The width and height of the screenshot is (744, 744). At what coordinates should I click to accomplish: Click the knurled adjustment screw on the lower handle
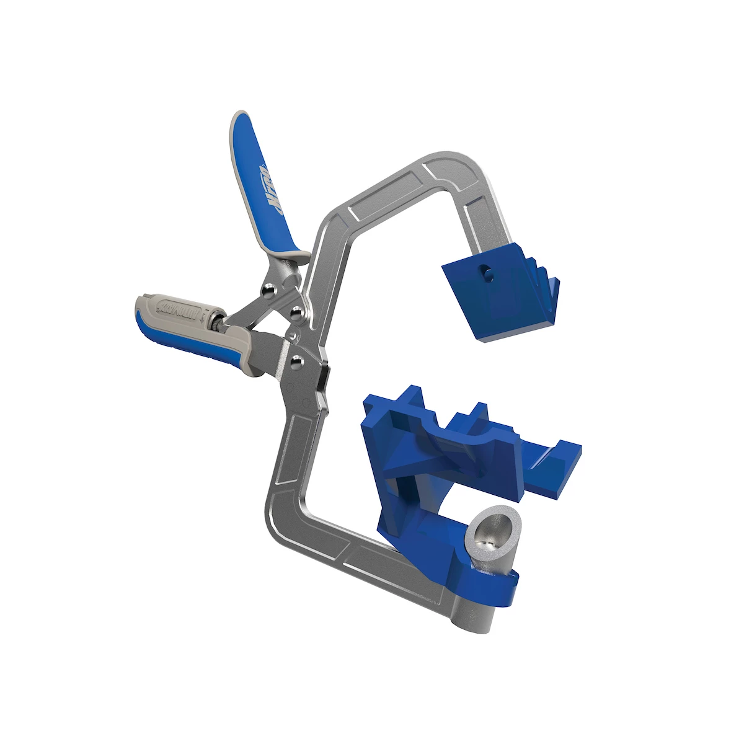tap(215, 321)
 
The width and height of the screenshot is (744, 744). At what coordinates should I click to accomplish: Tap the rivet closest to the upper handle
tap(268, 289)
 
